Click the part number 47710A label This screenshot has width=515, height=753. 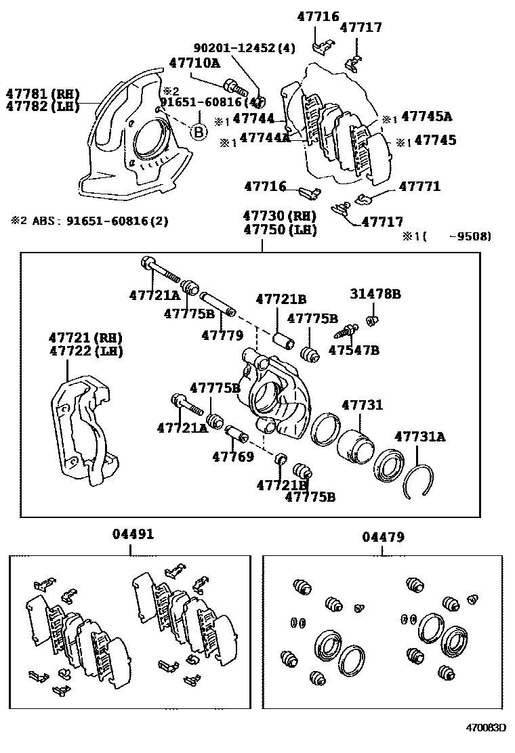point(194,63)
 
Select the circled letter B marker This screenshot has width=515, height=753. point(199,131)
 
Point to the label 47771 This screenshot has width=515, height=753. point(419,186)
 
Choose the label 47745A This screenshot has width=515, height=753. point(426,116)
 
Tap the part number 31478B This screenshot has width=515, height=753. point(375,294)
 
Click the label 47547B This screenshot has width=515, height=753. point(354,350)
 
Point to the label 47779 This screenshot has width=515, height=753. point(222,335)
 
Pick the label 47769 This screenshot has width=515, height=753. point(232,456)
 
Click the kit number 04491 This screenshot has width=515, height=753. point(133,534)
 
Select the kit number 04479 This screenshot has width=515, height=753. point(383,537)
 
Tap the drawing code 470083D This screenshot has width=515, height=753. point(485,729)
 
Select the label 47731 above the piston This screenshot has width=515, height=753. point(362,406)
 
